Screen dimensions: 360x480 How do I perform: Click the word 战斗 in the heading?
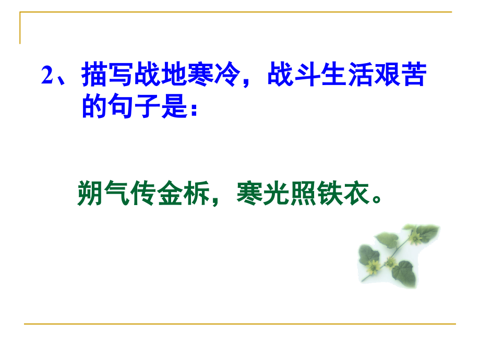click(x=286, y=77)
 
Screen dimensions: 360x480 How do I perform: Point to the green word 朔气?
click(x=103, y=193)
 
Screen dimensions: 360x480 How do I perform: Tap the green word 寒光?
click(x=262, y=193)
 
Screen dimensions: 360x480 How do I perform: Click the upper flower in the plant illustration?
click(x=415, y=239)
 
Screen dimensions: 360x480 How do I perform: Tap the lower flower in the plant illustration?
click(x=373, y=268)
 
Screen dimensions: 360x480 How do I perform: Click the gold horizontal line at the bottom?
click(x=240, y=324)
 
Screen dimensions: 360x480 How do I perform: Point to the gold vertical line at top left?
click(x=20, y=29)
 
